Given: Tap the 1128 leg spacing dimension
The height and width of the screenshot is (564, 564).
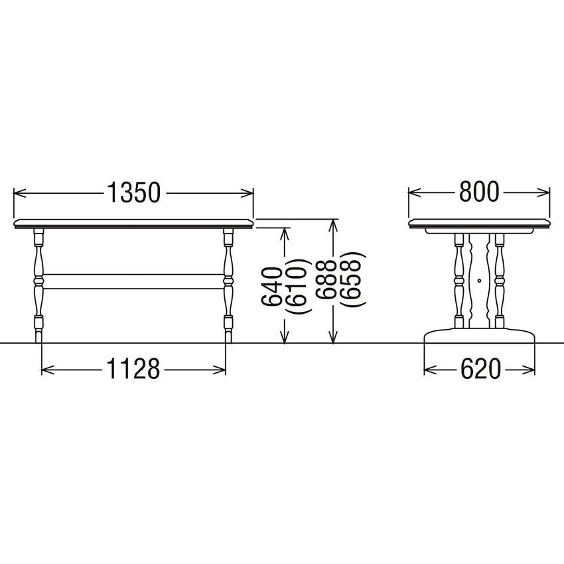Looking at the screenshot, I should click(133, 369).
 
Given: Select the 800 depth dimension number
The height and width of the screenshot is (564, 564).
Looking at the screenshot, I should click(478, 192).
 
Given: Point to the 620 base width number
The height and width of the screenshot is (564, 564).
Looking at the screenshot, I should click(479, 370).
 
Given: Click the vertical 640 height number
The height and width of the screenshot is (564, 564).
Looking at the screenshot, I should click(273, 286).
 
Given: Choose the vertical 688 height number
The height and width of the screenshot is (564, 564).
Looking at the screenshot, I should click(324, 286).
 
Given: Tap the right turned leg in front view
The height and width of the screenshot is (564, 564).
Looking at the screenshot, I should click(228, 285).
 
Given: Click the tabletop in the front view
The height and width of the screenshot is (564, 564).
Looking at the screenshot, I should click(133, 224).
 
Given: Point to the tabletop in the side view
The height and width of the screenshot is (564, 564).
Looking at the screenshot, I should click(479, 224).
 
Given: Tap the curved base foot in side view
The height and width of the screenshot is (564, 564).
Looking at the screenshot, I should click(479, 336).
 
